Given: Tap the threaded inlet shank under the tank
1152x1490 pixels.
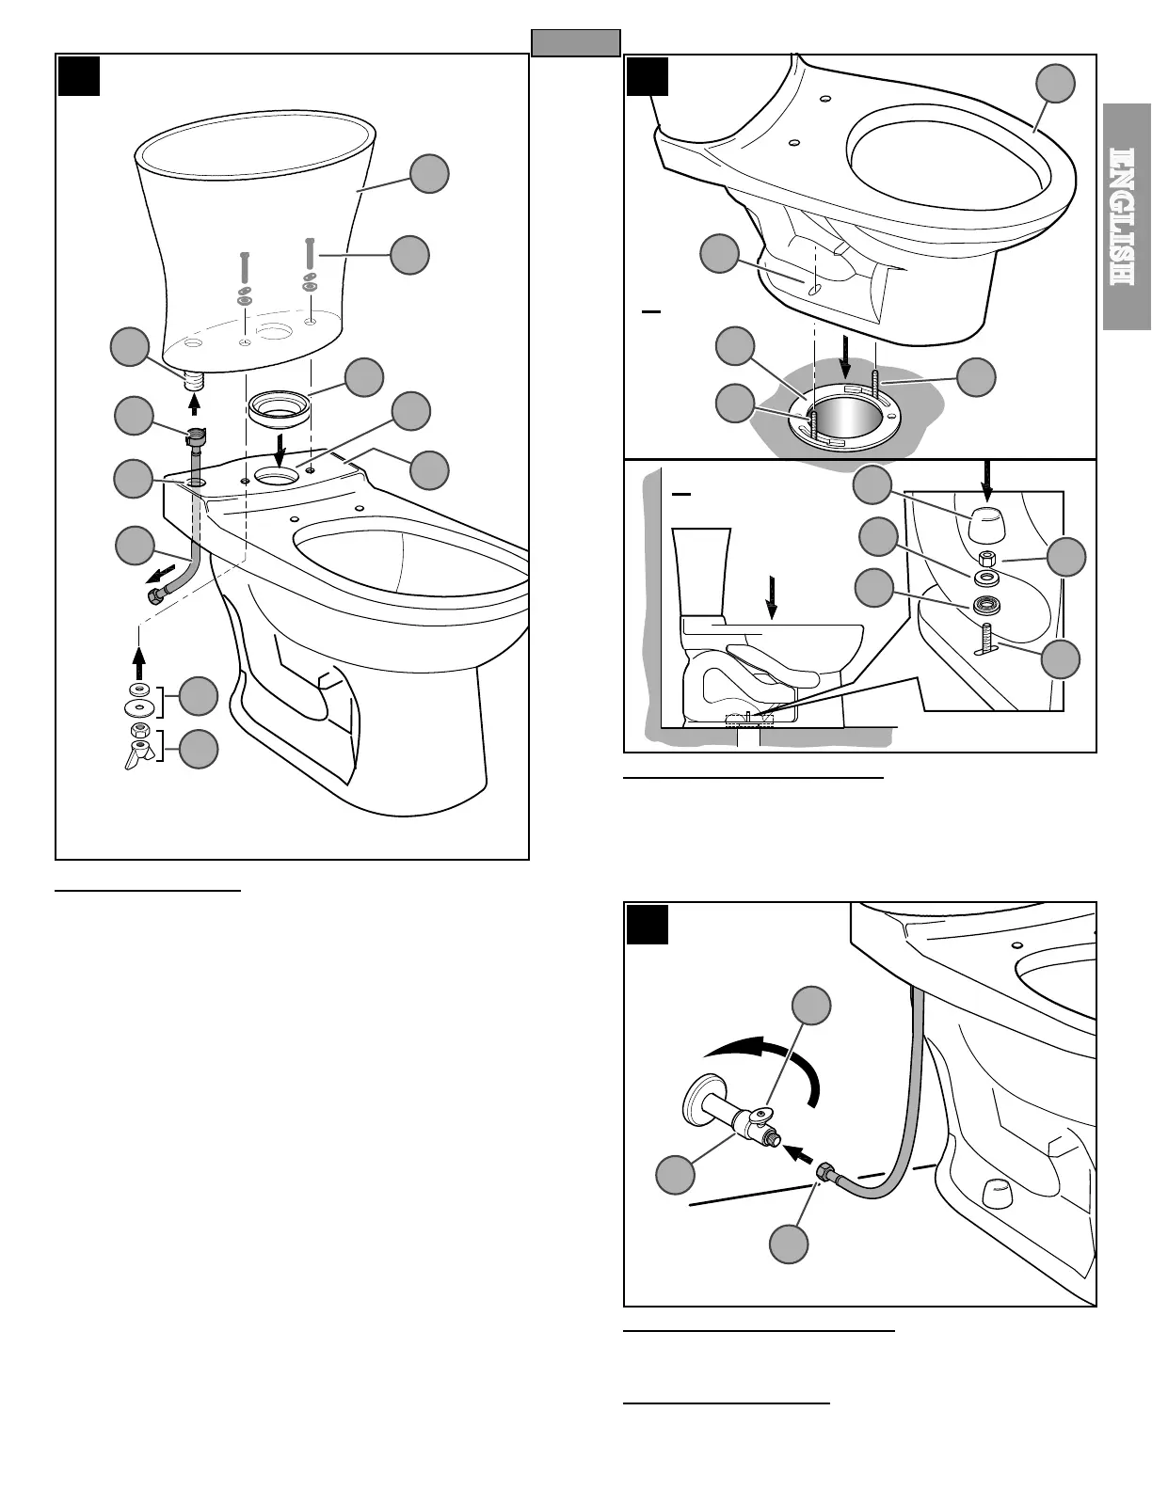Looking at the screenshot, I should coord(195,381).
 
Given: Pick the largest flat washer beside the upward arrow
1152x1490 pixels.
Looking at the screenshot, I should coord(139,705).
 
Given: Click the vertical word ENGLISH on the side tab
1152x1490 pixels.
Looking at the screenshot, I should coord(1128,216).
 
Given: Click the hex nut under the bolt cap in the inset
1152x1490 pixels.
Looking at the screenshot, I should coord(986,559).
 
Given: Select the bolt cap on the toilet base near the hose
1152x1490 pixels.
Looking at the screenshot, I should coord(995,1193).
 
